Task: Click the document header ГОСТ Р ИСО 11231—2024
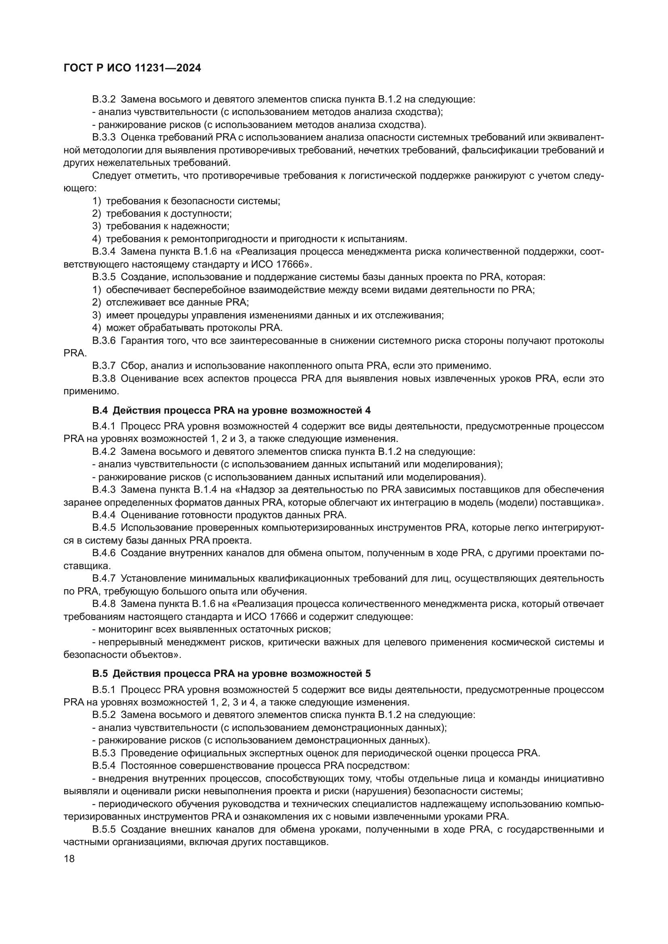click(132, 68)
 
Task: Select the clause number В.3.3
click(104, 137)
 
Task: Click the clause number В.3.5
click(104, 277)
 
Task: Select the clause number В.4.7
click(104, 578)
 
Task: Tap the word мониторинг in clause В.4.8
click(124, 630)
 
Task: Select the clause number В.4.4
click(104, 515)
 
